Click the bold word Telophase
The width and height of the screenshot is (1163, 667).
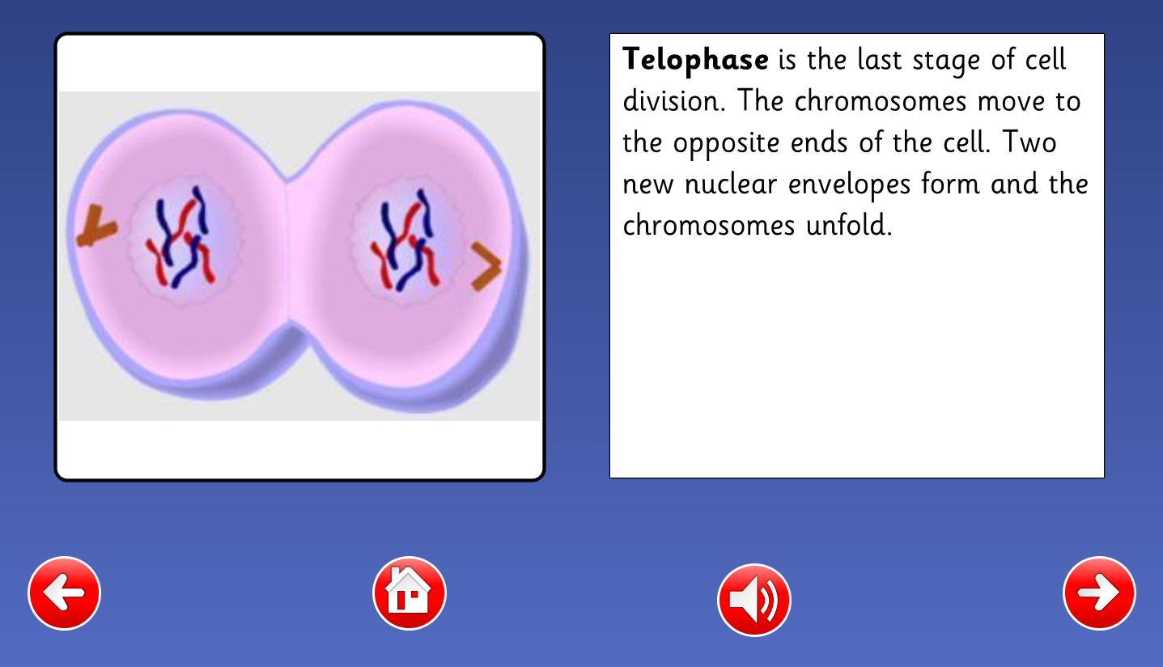(695, 60)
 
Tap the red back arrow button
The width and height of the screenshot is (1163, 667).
(65, 593)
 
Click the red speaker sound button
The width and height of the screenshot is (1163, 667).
(753, 600)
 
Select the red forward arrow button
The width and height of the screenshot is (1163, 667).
(1099, 593)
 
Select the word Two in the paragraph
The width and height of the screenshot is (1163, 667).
(1029, 142)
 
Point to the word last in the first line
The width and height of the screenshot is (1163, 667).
(879, 59)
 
